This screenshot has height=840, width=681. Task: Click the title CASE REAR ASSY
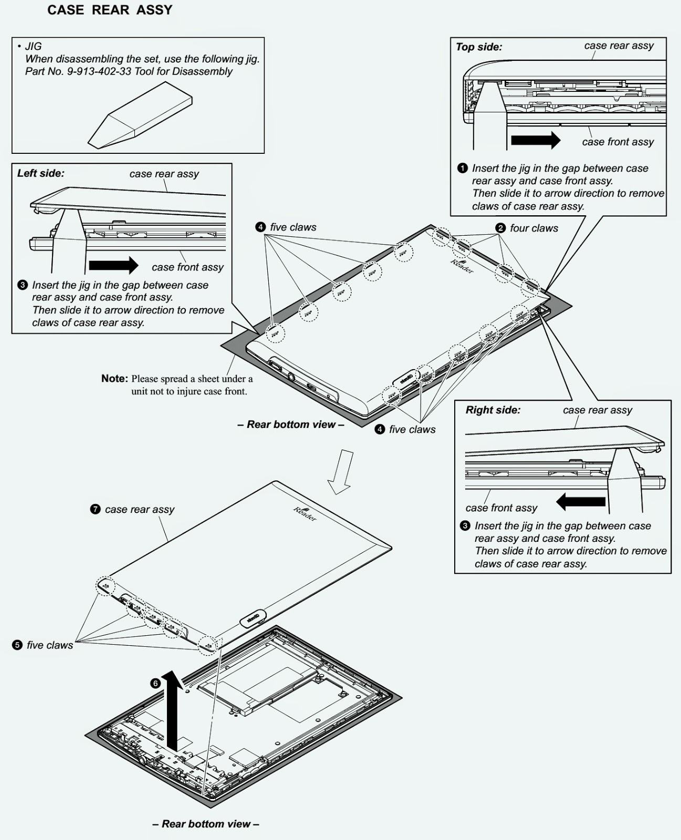[x=110, y=10]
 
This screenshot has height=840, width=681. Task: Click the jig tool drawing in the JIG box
[x=139, y=120]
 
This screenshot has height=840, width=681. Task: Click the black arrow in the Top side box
[x=535, y=140]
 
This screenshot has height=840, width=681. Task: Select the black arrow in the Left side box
[x=113, y=265]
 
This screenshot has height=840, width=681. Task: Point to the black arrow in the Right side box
[x=581, y=501]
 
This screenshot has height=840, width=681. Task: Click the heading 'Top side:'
[x=479, y=47]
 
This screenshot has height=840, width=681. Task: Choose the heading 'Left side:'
[x=41, y=173]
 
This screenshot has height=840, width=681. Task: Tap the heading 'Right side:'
[x=493, y=410]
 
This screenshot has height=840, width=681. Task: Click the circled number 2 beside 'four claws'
[x=500, y=228]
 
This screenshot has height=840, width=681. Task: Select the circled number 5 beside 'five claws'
[x=17, y=645]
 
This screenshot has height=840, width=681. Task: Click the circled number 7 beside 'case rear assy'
[x=95, y=509]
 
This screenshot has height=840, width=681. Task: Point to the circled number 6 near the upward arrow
[x=155, y=683]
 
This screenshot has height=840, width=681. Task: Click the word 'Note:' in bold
[x=114, y=379]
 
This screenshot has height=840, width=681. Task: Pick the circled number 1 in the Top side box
[x=462, y=168]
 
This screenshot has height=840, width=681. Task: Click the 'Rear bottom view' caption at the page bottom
[x=205, y=824]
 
